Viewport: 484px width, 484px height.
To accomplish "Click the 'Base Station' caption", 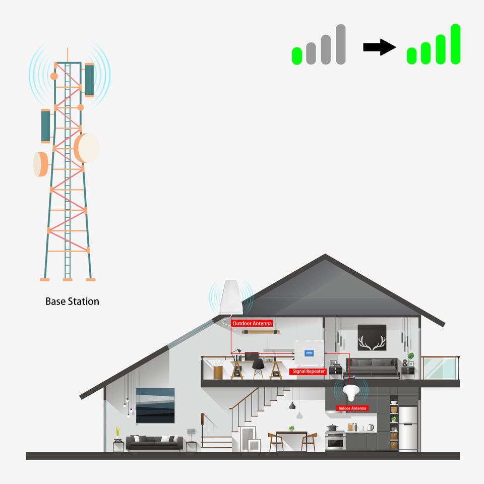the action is pos(72,301).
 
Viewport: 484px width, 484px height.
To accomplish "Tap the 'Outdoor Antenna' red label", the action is pos(252,323).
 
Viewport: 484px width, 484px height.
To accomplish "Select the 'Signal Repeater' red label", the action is pos(309,372).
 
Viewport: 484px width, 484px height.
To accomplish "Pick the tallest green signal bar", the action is pos(455,44).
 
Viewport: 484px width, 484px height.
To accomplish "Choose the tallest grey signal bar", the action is pos(340,44).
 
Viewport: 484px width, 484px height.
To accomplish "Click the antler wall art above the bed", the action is pos(372,337).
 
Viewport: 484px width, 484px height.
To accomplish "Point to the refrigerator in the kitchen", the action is pos(408,428).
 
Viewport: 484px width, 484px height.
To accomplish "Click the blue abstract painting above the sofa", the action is pos(155,405).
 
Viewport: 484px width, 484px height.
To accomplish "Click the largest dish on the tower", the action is pos(87,148).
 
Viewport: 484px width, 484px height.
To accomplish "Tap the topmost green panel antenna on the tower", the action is pos(89,79).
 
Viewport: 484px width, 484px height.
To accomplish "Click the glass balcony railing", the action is pos(440,368).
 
